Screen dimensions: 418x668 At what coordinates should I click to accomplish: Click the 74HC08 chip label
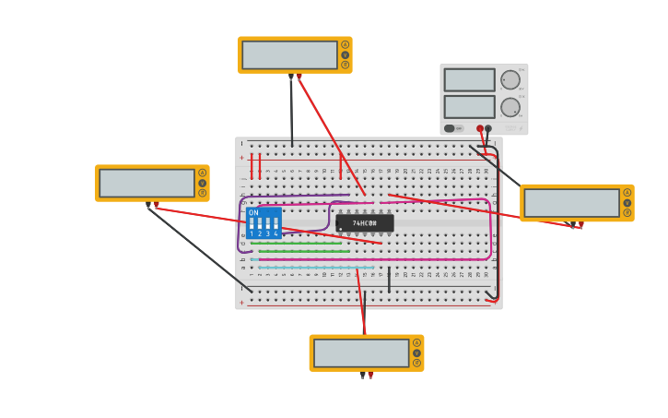click(x=364, y=223)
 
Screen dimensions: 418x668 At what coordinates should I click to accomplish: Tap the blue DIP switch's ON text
click(x=253, y=213)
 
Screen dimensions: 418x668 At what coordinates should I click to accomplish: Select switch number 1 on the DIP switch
click(x=252, y=224)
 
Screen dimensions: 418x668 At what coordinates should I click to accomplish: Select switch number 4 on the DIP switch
click(x=275, y=224)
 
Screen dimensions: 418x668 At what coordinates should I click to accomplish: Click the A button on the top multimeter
click(x=346, y=44)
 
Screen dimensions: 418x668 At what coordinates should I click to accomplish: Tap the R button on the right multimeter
click(x=627, y=213)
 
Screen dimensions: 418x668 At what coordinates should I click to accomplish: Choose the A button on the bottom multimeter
click(x=417, y=342)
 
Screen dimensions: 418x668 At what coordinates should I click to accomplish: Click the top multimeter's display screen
click(x=289, y=55)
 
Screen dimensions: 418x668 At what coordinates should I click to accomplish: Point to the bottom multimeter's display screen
click(x=361, y=353)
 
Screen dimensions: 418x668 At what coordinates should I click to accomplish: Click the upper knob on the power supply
click(x=510, y=79)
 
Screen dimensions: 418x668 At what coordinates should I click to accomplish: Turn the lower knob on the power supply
click(x=510, y=107)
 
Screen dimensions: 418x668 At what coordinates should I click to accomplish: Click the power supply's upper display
click(x=469, y=79)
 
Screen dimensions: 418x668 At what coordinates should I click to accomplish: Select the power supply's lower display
click(x=469, y=107)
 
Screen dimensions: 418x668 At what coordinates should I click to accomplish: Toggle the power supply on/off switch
click(x=451, y=128)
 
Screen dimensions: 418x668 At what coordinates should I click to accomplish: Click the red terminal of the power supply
click(x=480, y=128)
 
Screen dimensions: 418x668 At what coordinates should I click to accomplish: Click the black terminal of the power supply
click(x=488, y=128)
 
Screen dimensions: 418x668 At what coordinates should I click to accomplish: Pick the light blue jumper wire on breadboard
click(x=313, y=268)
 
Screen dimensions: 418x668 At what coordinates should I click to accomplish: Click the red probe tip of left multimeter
click(x=157, y=206)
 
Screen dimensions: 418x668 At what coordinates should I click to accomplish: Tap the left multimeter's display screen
click(x=146, y=183)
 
